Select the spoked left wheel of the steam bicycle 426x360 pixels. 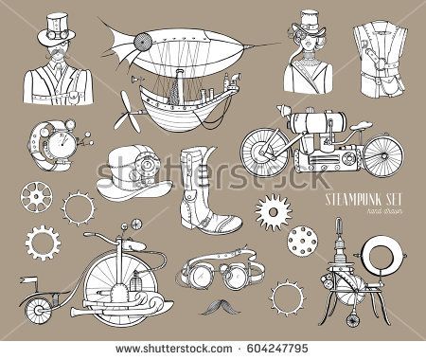point(261,150)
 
